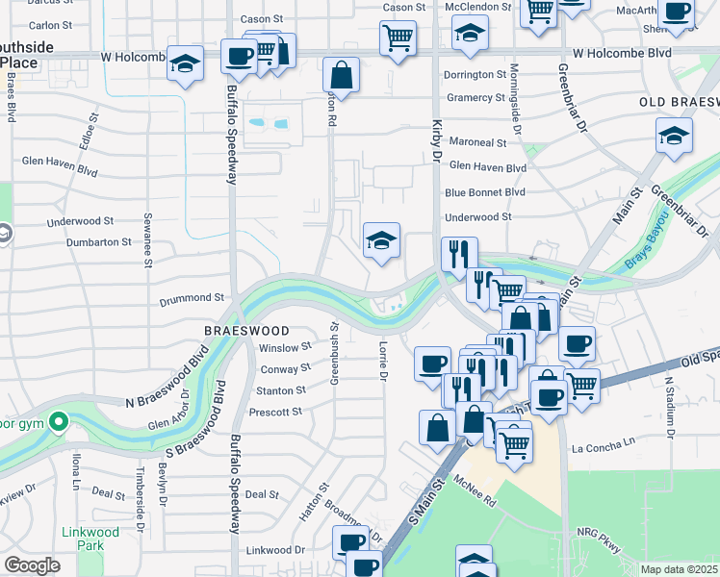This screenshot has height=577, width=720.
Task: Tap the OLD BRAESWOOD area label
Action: coord(679,101)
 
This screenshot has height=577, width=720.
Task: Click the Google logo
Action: coord(32,565)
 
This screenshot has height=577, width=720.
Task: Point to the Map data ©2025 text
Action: coord(678,569)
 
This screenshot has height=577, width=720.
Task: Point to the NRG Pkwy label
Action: coord(600,534)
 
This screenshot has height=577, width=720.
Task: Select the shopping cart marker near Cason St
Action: coord(398,38)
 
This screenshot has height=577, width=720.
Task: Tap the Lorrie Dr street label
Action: coord(382,362)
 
